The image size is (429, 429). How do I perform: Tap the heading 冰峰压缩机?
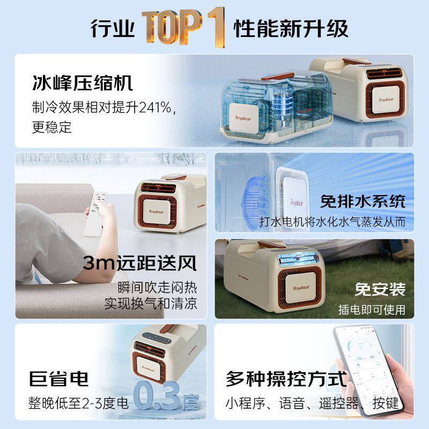(82, 84)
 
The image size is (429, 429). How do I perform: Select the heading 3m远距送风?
(140, 263)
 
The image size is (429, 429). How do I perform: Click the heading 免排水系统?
(363, 201)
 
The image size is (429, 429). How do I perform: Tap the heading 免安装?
(380, 289)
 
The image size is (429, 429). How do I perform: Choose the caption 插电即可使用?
(371, 309)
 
